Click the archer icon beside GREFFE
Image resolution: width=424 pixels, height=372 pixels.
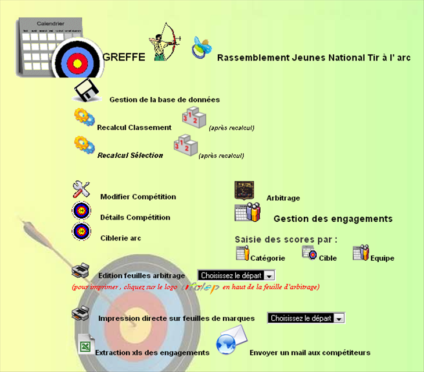165,42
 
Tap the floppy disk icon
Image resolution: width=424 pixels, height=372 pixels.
87,91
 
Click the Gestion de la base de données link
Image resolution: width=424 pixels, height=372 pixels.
164,100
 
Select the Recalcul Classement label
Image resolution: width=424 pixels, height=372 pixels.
134,127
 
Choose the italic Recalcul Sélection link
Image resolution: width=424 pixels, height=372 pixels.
130,155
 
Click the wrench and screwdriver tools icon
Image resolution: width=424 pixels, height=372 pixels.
81,189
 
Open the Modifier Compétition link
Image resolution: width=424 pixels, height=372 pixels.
138,197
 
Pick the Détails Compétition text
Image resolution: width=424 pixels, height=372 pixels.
135,217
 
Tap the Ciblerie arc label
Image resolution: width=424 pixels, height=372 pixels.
120,238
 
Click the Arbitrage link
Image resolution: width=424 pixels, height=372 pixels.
283,198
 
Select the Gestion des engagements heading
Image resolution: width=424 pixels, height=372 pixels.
333,219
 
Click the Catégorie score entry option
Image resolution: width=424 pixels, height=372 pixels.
267,258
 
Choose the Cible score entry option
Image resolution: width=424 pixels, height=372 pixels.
328,258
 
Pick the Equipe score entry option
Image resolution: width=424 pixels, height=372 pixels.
382,258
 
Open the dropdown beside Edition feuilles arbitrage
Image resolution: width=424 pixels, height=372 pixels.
236,275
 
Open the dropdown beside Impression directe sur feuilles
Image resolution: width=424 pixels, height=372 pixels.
306,318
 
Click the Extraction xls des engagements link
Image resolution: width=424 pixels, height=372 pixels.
152,352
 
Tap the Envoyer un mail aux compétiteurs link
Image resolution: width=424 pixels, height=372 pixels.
310,352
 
